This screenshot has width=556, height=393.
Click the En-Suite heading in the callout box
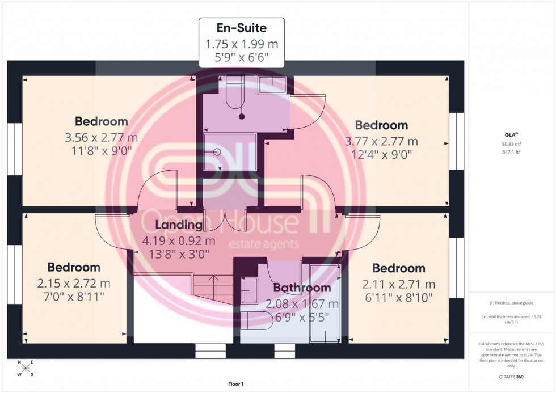[x=241, y=28]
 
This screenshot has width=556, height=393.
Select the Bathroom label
[x=302, y=288]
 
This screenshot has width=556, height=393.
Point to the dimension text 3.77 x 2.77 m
[x=381, y=141]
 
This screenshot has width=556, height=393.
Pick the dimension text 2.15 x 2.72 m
[x=74, y=283]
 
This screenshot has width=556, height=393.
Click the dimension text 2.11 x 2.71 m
[x=399, y=284]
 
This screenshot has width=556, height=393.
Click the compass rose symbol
[x=25, y=368]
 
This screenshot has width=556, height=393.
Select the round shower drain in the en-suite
[x=217, y=152]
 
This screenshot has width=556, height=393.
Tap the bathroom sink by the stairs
[x=249, y=289]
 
